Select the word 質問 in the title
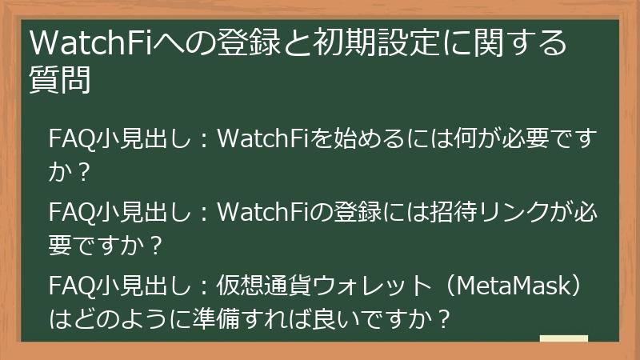click(x=58, y=81)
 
